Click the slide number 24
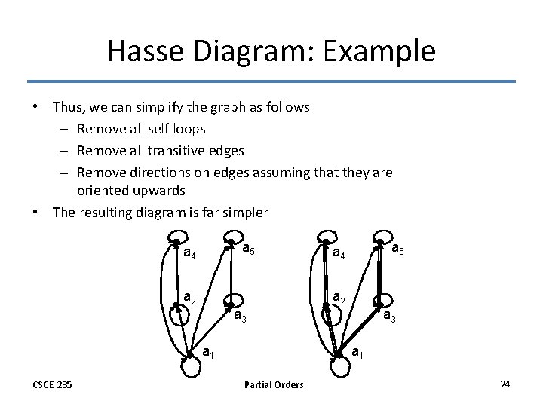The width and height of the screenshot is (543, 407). point(505,384)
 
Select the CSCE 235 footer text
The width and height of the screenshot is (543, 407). point(53,385)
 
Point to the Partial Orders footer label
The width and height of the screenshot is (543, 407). point(274,385)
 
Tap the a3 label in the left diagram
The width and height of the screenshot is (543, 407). point(241,317)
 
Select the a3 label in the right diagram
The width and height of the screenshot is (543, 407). point(390,317)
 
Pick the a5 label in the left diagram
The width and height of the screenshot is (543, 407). point(250,248)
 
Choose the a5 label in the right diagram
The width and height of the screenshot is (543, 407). point(399,247)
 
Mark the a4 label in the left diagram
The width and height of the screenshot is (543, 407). point(190,253)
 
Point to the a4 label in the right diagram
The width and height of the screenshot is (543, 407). point(339,253)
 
